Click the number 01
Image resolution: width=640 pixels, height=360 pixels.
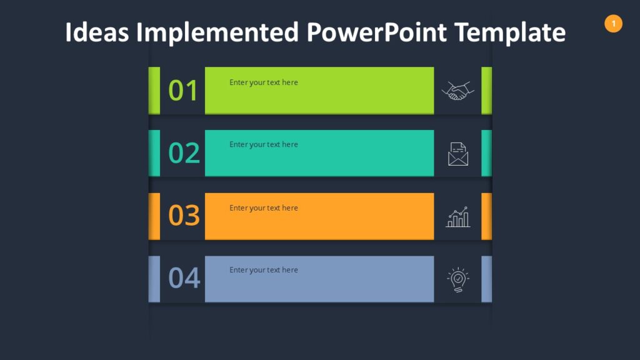coord(183,91)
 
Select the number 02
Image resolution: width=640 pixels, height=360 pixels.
coord(184,153)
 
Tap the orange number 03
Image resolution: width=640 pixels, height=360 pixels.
coord(184,216)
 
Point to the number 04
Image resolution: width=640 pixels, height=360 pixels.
coord(184,278)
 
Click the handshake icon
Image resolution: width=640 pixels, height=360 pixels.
coord(457,91)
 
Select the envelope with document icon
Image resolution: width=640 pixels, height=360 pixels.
coord(458,154)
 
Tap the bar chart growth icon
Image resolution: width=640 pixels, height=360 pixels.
coord(458,217)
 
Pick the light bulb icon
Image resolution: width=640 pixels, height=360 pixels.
coord(458,280)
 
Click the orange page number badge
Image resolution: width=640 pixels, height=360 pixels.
coord(613,24)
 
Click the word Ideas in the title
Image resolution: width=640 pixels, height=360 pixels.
coord(97,32)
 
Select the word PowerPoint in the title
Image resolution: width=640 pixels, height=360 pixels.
coord(376,32)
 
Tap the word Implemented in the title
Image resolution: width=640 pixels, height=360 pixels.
coord(217,32)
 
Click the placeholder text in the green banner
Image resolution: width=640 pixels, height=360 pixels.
coord(263,82)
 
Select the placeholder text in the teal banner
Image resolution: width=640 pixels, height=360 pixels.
coord(263,144)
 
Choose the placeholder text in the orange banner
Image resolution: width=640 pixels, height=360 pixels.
coord(263,208)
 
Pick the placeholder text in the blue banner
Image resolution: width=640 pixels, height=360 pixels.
coord(263,270)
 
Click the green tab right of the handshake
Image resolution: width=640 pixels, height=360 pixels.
coord(486,91)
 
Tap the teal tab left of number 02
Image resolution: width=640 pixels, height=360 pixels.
coord(154,153)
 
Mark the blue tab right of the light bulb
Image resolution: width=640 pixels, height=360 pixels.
coord(486,279)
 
